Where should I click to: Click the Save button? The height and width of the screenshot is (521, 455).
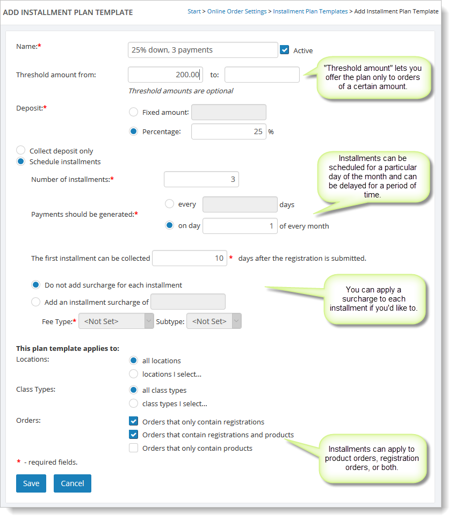tap(31, 483)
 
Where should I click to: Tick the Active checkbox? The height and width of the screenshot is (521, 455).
tap(285, 50)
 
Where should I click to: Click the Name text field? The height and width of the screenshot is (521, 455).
tap(203, 50)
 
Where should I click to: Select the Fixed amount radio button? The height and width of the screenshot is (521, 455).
tap(134, 112)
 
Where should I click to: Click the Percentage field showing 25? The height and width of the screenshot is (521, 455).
tap(228, 131)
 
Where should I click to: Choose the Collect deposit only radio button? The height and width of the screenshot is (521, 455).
tap(21, 151)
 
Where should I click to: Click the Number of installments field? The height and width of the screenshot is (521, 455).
tap(201, 179)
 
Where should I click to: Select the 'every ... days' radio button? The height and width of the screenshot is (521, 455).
tap(170, 204)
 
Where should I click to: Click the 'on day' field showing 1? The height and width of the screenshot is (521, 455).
tap(240, 226)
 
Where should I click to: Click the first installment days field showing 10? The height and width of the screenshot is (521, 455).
tap(190, 258)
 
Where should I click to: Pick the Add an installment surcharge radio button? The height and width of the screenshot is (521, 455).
tap(36, 302)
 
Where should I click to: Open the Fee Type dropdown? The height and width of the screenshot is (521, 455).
tap(116, 321)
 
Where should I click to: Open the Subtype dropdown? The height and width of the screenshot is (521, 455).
tap(214, 321)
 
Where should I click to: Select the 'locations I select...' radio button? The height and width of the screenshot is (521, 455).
tap(134, 374)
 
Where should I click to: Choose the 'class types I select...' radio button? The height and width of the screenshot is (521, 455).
tap(134, 403)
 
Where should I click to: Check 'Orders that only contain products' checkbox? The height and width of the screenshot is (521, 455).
tap(134, 448)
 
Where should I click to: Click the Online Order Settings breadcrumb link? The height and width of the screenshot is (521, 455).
tap(237, 11)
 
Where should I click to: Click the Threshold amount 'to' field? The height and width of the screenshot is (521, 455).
tap(262, 75)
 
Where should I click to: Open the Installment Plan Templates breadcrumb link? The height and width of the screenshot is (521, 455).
tap(310, 11)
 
